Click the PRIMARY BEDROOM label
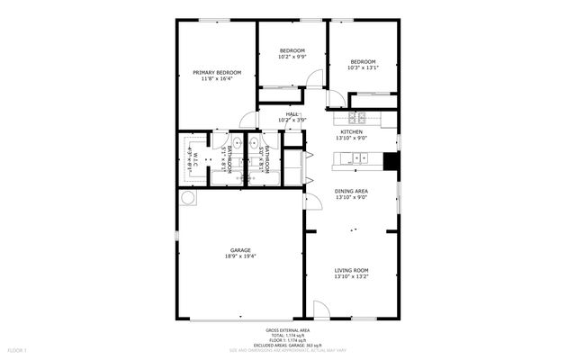(x=217, y=73)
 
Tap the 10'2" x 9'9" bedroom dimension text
(x=292, y=57)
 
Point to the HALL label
(x=292, y=114)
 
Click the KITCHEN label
(x=351, y=131)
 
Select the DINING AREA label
(x=350, y=191)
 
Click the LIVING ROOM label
(x=351, y=270)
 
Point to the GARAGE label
(x=240, y=250)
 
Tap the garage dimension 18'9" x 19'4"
(x=240, y=256)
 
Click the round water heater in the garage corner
(x=189, y=197)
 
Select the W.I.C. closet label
(x=192, y=158)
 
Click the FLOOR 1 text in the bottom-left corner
(x=17, y=349)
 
